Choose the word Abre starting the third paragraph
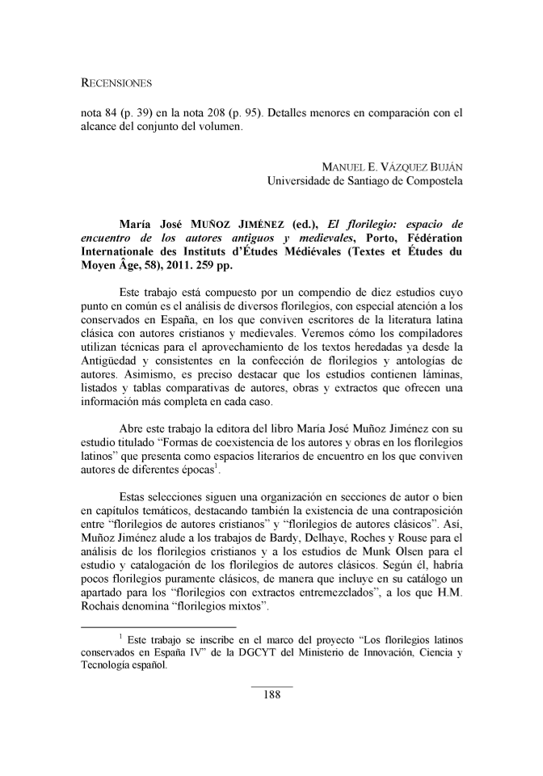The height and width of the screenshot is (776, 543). (x=131, y=427)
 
